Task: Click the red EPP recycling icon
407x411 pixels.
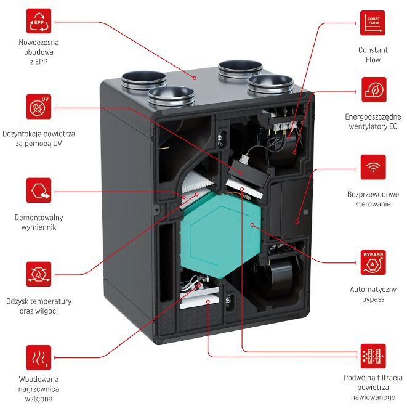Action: (x=39, y=23)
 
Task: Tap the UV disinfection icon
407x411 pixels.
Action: (x=39, y=106)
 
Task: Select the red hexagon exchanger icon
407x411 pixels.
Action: (x=39, y=191)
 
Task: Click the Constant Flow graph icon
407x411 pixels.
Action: (x=373, y=23)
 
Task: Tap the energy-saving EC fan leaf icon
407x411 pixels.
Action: (x=373, y=90)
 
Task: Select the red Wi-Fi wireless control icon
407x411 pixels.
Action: (x=373, y=167)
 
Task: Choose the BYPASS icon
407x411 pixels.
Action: (x=373, y=262)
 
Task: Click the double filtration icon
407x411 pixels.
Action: (x=373, y=356)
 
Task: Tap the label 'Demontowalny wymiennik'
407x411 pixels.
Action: (x=39, y=222)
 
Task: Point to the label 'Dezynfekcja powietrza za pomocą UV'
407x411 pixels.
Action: (x=39, y=139)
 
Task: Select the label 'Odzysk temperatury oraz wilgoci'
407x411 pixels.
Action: (x=40, y=306)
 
